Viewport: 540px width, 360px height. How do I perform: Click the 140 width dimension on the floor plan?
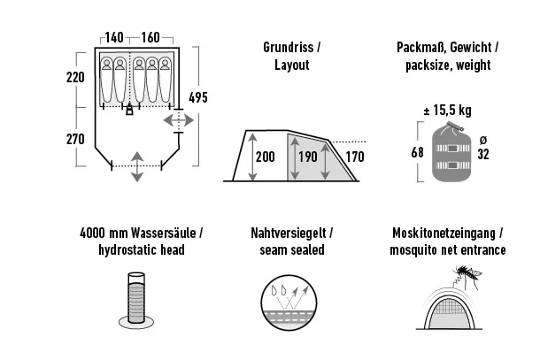[114, 37]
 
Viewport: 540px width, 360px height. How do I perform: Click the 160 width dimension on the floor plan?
[150, 37]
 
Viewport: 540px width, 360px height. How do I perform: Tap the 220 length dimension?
[75, 77]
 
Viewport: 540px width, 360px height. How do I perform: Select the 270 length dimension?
[75, 139]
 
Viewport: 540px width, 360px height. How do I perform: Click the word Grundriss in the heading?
[282, 47]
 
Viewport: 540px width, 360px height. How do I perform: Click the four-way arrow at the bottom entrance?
[138, 166]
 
